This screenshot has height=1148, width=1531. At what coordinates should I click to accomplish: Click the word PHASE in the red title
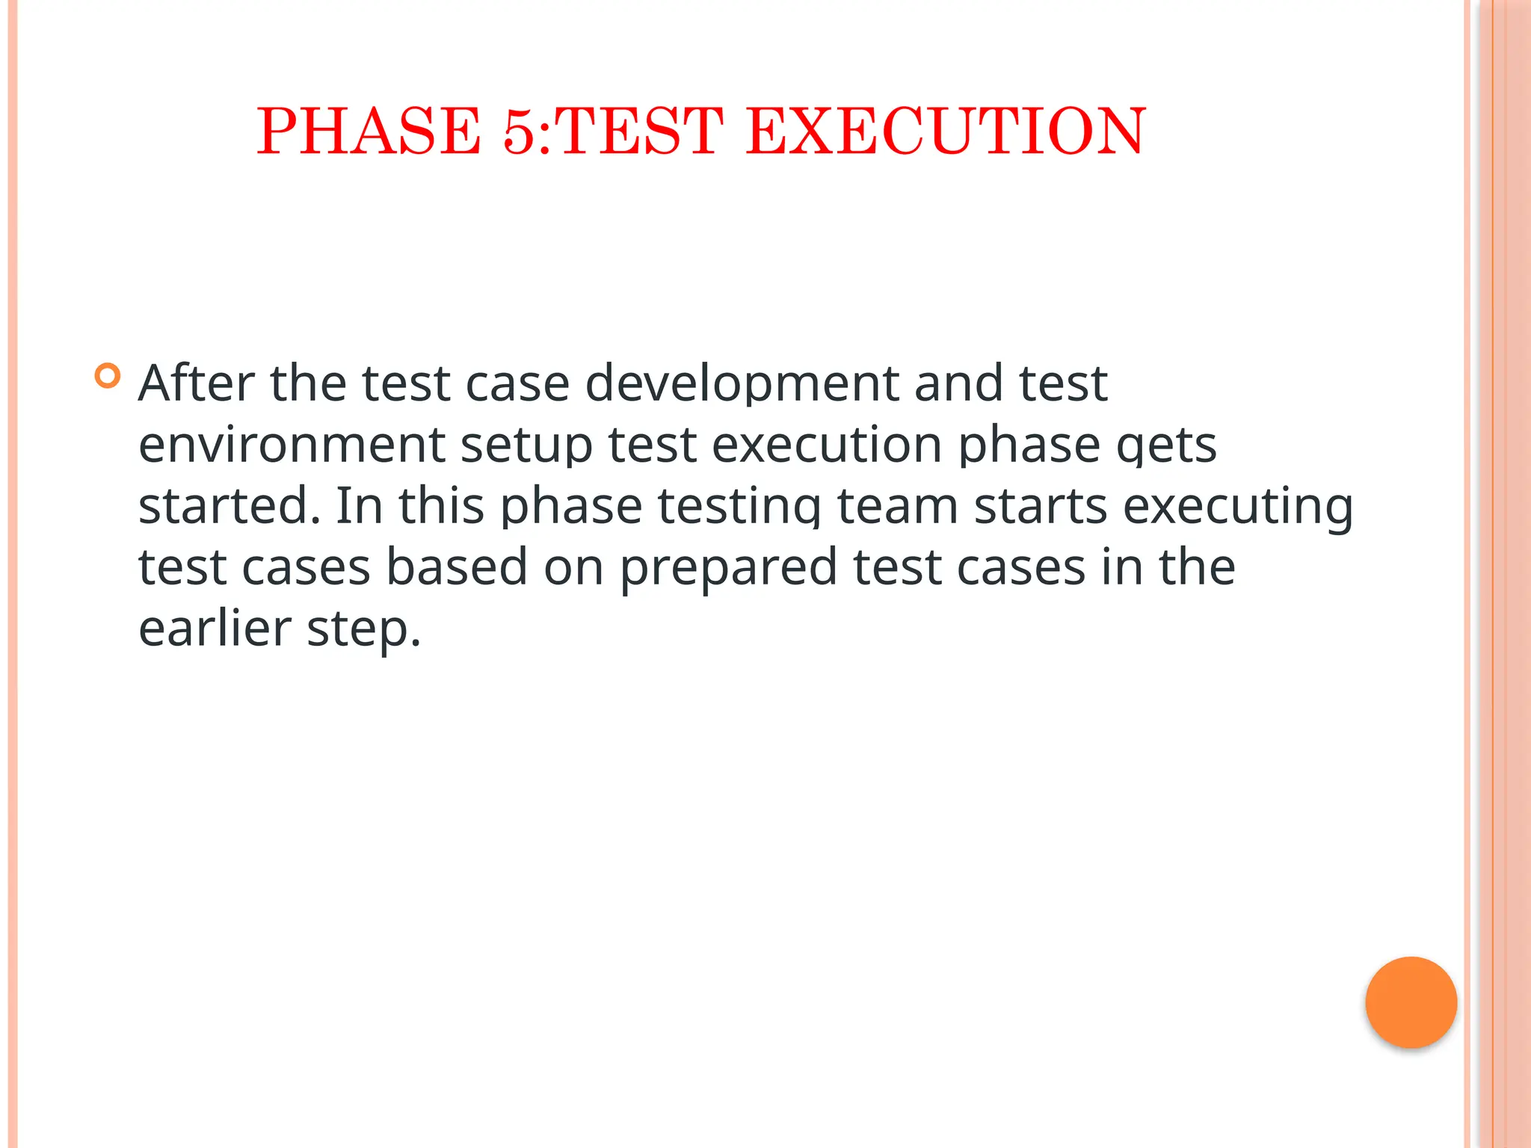(369, 132)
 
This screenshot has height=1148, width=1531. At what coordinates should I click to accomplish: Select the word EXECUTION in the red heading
(945, 132)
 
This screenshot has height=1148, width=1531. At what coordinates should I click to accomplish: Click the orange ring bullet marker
(108, 375)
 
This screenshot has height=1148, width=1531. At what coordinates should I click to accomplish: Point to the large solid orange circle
(1411, 1002)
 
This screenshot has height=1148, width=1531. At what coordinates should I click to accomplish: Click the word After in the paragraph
(196, 383)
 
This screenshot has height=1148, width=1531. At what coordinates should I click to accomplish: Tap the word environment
(292, 445)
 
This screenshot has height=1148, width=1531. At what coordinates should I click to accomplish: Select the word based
(457, 567)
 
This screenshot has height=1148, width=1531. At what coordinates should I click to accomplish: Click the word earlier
(215, 629)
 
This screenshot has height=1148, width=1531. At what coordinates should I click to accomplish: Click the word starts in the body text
(1041, 506)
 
